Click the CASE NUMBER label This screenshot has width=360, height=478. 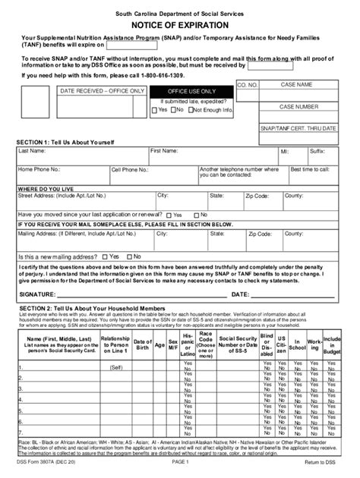pos(298,107)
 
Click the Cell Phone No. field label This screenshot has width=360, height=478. pos(130,170)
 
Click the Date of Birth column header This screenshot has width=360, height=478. pos(142,344)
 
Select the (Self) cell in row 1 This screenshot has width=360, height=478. pos(115,367)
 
